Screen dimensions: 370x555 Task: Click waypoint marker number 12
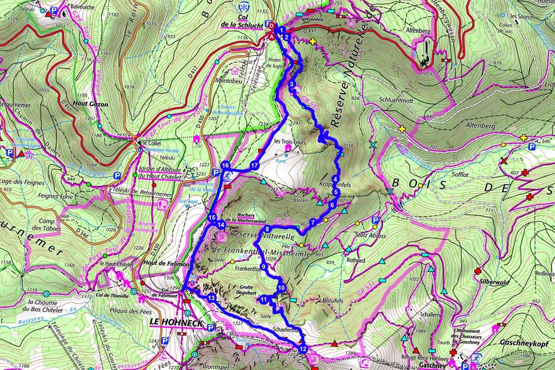(x=303, y=348)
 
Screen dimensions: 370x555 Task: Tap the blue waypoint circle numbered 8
(x=267, y=229)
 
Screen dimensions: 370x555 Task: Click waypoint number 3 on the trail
(x=291, y=84)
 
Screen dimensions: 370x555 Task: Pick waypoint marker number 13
(x=211, y=298)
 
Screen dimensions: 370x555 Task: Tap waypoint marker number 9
(x=264, y=267)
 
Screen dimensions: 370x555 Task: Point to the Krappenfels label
(x=336, y=185)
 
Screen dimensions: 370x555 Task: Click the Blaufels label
(x=332, y=301)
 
